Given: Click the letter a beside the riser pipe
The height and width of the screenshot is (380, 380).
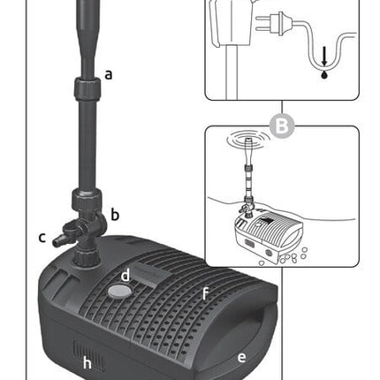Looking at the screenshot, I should tap(109, 74).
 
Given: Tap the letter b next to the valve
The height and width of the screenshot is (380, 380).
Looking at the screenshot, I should tap(115, 214).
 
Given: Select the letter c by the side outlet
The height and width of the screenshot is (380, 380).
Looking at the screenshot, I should tap(42, 236).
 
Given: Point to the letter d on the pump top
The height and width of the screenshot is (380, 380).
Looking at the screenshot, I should tap(125, 275).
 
